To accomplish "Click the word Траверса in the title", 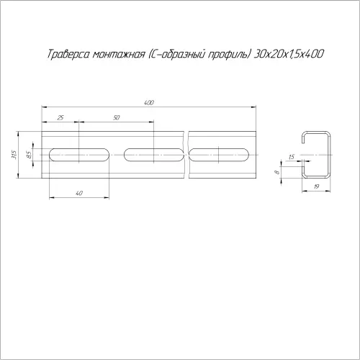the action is pos(68,54).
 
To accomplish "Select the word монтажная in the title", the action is pos(119,54).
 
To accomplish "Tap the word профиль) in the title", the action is pos(228,55).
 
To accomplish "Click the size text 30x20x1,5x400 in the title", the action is pos(288,54).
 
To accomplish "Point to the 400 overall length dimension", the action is pos(149,103).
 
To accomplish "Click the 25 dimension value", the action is pos(60,117).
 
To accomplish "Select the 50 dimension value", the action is pos(116,117).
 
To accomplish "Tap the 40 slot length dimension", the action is pos(79,193).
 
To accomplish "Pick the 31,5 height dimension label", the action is pos(14,155).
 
